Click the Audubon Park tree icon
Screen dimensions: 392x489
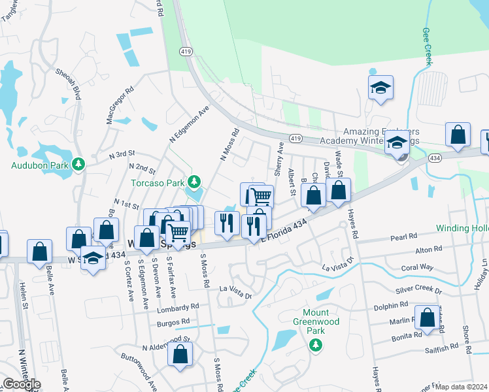[x=79, y=163]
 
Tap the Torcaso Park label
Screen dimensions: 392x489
[x=158, y=182]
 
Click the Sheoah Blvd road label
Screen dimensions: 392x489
[x=69, y=84]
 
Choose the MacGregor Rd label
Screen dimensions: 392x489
[x=120, y=105]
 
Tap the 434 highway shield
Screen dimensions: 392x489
[x=435, y=158]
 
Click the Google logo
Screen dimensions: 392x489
[x=22, y=384]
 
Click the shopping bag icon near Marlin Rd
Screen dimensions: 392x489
[x=428, y=318]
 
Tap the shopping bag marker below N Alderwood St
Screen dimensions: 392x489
[x=180, y=355]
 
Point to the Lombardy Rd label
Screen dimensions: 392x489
[x=178, y=308]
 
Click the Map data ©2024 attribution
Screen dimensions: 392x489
[x=461, y=387]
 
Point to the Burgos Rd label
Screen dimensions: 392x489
[x=173, y=321]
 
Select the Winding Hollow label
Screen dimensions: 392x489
[x=462, y=229]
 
